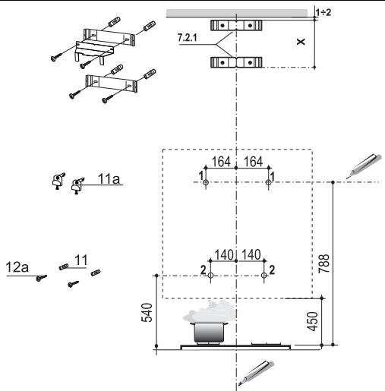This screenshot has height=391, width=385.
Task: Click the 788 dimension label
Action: (x=324, y=263)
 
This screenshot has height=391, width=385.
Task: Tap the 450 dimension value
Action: (x=312, y=321)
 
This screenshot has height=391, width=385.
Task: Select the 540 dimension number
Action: (x=147, y=313)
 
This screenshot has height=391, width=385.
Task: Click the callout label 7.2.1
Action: (x=187, y=38)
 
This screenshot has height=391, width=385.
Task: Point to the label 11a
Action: (x=109, y=178)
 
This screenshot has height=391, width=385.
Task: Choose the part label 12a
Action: (x=17, y=267)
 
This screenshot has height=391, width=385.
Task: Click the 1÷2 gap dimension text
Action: (x=323, y=12)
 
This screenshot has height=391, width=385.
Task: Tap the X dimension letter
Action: (x=301, y=42)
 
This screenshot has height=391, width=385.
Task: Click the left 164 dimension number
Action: (x=221, y=162)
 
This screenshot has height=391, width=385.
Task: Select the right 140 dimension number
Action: (x=251, y=255)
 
